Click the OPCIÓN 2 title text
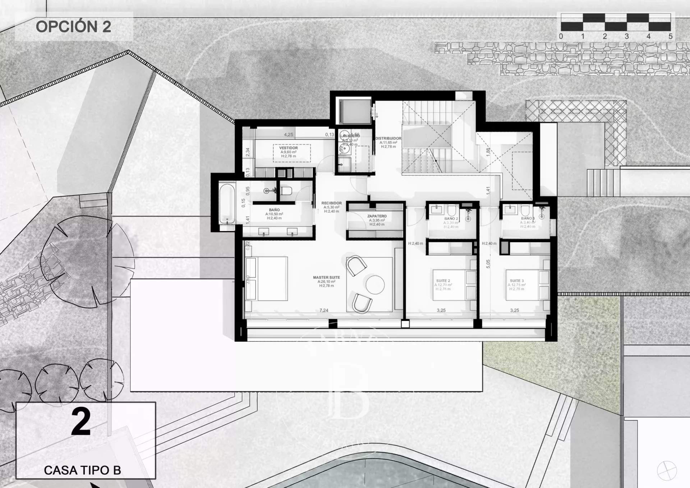pos(73,27)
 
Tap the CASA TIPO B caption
pos(82,470)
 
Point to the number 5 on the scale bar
pos(670,36)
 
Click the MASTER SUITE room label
pos(326,277)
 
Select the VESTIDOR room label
pos(288,148)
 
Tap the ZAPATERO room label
pos(377,216)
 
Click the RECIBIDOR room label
pos(331,203)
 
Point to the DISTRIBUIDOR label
pos(388,138)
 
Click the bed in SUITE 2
pos(454,285)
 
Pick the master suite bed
pos(266,278)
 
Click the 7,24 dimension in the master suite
pos(324,310)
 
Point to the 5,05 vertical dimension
pos(488,264)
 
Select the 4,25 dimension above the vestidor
pos(288,135)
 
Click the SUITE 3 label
pos(517,281)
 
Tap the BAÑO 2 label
pos(451,218)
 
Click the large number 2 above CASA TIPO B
pos(81,422)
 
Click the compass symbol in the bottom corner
pos(667,470)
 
